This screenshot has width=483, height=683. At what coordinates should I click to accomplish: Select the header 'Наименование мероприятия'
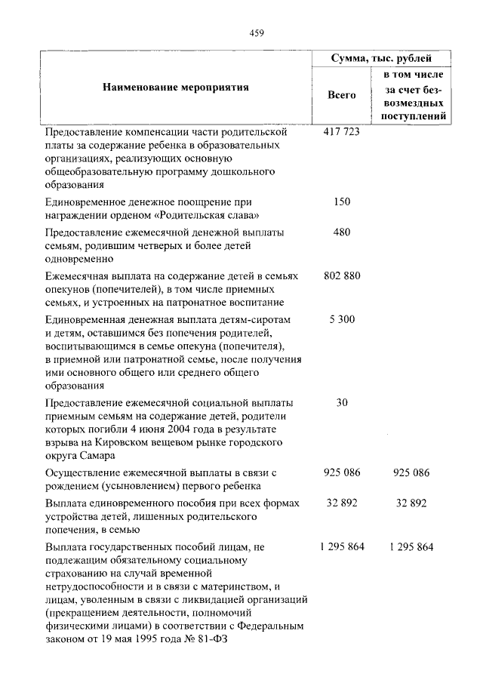175,88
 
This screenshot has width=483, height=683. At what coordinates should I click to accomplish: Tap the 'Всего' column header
341,95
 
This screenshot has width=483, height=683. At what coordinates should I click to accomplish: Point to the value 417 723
341,131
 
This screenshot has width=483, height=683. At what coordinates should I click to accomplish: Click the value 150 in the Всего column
341,202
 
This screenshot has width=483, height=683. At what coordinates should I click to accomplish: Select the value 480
341,232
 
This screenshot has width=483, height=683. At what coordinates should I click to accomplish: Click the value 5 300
341,319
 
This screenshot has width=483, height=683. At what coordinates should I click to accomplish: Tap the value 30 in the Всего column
341,402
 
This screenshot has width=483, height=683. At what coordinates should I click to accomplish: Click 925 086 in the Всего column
341,472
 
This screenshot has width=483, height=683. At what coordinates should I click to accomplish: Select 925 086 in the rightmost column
411,472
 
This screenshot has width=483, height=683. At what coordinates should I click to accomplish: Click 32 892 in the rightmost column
411,503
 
